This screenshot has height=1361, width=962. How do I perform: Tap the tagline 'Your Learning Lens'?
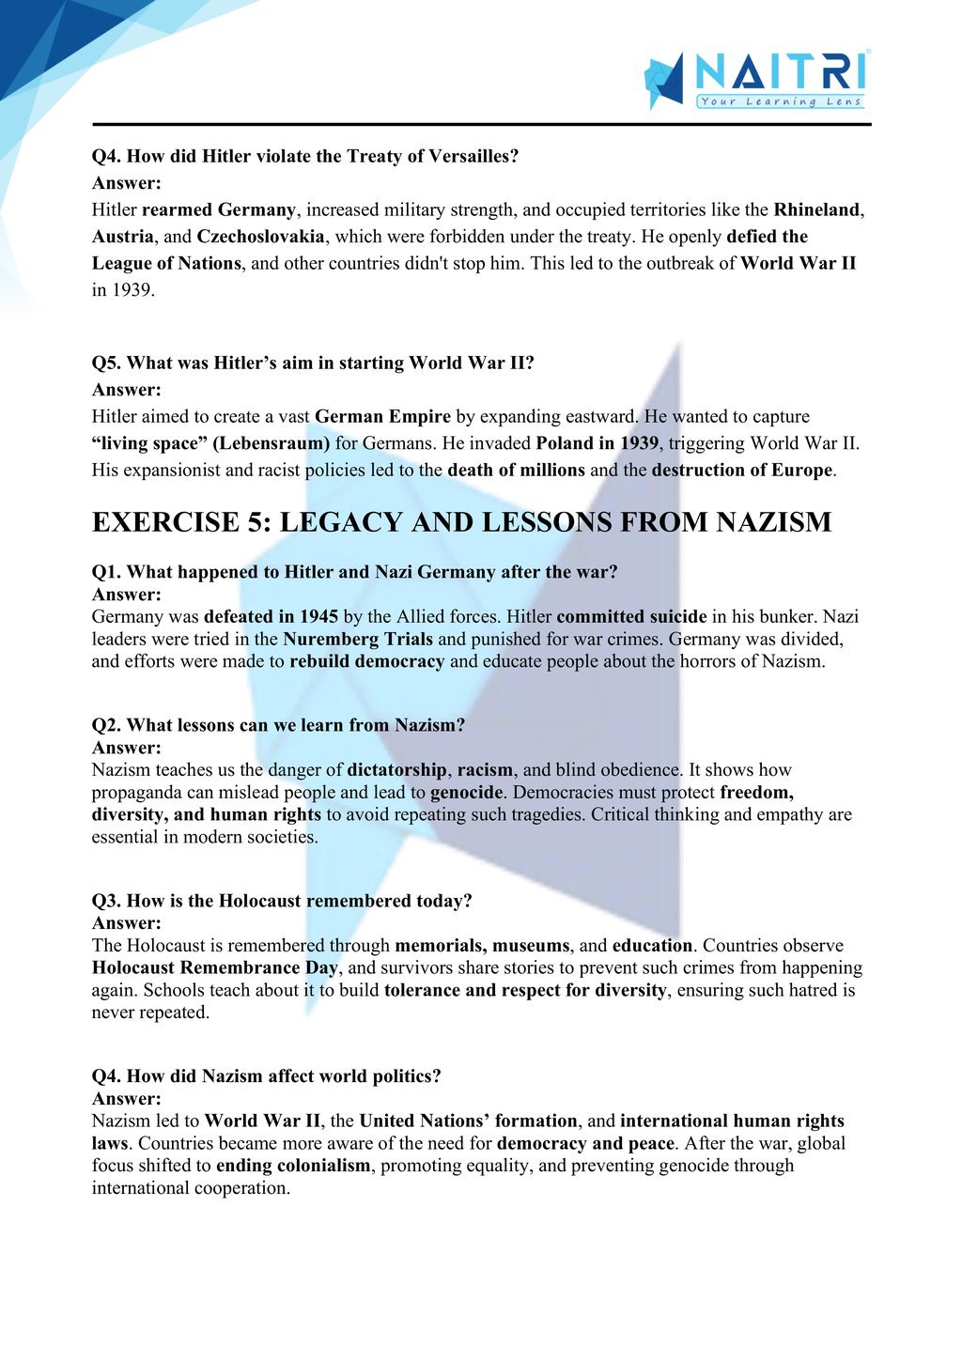click(x=780, y=101)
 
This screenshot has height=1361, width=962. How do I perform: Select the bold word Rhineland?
click(x=816, y=209)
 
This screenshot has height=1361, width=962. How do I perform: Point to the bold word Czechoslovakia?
click(x=260, y=236)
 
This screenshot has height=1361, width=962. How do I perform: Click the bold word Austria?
click(x=122, y=236)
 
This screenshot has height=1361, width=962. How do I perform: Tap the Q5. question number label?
click(x=106, y=363)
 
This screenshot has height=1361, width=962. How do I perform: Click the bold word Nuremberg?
click(x=330, y=640)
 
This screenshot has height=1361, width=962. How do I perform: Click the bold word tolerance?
click(x=422, y=990)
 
